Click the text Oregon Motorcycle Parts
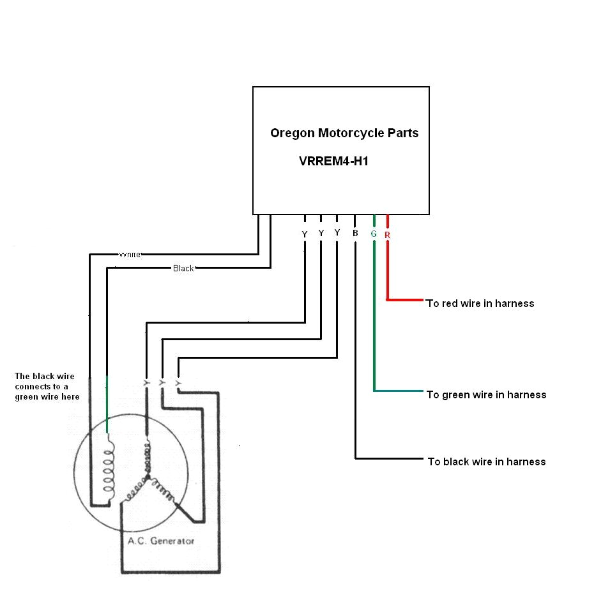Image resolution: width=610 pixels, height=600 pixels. point(344,133)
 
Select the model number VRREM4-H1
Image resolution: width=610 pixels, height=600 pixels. point(333,161)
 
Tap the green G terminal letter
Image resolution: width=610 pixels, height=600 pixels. point(374,234)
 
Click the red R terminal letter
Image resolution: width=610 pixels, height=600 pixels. point(387,235)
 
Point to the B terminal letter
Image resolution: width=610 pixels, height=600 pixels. point(355,234)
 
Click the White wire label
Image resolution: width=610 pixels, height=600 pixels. point(130,254)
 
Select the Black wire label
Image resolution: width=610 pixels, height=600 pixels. point(183,268)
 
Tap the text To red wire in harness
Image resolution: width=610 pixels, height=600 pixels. point(480,303)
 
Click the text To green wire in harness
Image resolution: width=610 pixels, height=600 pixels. point(486,394)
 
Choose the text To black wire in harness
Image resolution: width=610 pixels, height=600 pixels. point(486,461)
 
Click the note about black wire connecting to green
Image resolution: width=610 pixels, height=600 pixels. point(47,387)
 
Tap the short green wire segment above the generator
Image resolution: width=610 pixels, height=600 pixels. point(107,405)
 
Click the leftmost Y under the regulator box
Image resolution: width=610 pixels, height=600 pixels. point(305,235)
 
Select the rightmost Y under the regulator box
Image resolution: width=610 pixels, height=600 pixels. point(337,233)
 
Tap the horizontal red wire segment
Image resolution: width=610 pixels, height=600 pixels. point(405,299)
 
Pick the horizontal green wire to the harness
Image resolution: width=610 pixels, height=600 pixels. point(399,391)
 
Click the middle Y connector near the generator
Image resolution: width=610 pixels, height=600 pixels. point(162,383)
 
